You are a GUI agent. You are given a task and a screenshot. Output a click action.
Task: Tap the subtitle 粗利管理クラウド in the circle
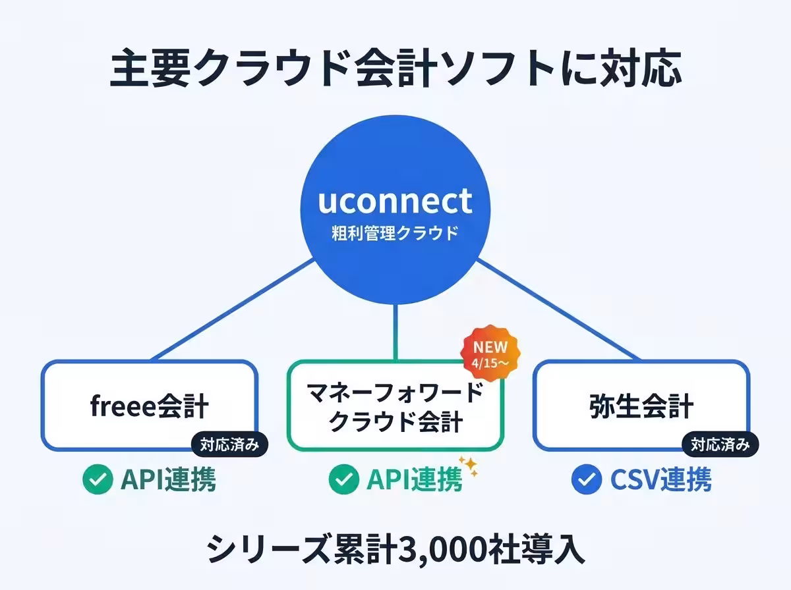click(x=395, y=233)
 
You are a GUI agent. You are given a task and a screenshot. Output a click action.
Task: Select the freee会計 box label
click(x=149, y=406)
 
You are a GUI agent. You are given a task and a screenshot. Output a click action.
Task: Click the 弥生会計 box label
click(x=641, y=406)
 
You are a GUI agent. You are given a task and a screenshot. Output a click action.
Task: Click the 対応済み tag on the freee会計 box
click(x=230, y=445)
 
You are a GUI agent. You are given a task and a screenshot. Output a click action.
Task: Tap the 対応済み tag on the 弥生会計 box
click(x=720, y=445)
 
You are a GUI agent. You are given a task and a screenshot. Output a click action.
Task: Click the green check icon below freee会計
click(x=98, y=481)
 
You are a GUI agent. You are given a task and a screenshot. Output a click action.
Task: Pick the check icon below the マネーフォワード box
click(x=343, y=481)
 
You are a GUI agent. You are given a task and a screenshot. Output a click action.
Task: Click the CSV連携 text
click(x=660, y=481)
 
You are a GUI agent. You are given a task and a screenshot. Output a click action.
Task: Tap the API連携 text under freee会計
click(x=167, y=481)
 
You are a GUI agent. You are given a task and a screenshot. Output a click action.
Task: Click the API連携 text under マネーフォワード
click(x=414, y=481)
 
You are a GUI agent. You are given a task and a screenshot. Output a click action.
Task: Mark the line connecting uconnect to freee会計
click(x=231, y=309)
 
